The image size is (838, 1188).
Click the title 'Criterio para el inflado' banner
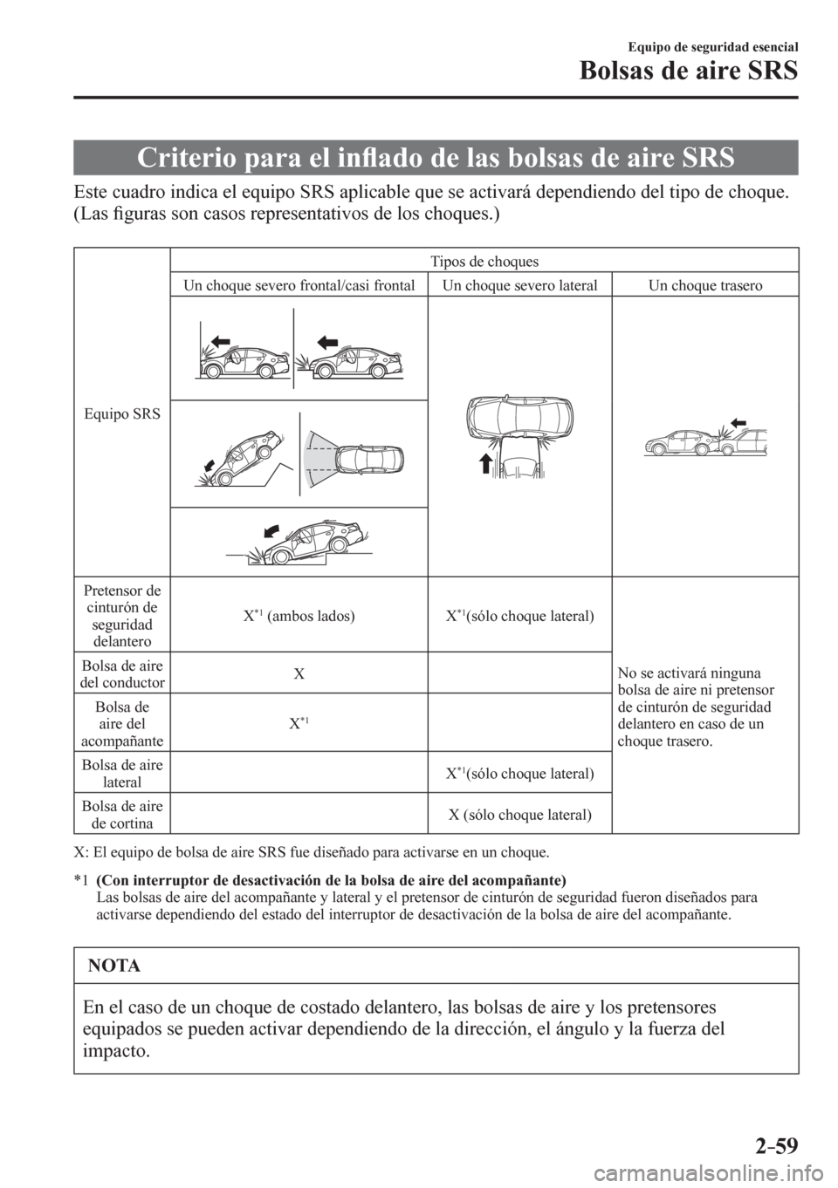click(x=436, y=158)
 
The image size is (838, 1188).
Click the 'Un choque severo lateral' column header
click(x=519, y=285)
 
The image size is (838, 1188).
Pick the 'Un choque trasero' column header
click(x=704, y=285)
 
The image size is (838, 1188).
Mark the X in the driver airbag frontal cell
click(x=299, y=674)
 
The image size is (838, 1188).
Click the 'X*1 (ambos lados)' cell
click(x=299, y=614)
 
